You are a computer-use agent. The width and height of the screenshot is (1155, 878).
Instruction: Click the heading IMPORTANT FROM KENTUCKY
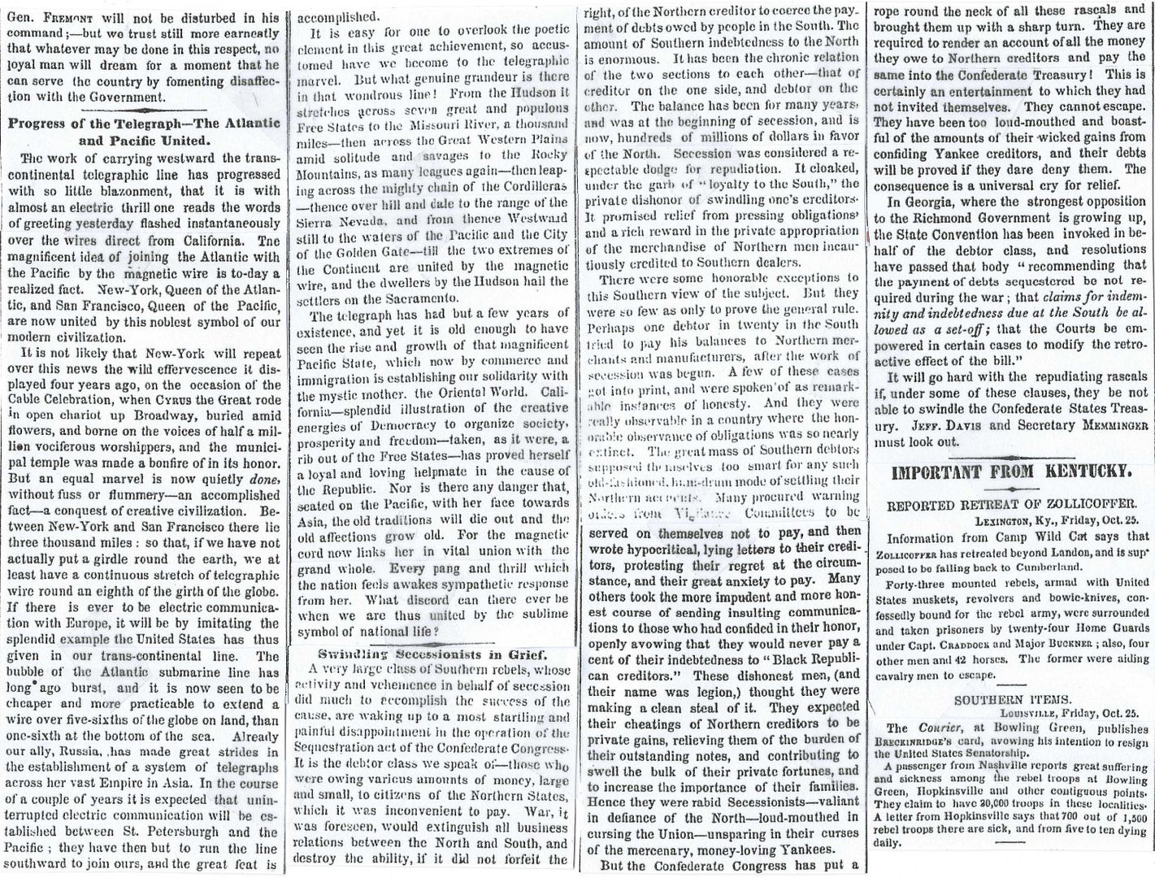pos(1011,472)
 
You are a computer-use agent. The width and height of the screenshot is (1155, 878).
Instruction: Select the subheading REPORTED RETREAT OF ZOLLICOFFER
pos(1012,504)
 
